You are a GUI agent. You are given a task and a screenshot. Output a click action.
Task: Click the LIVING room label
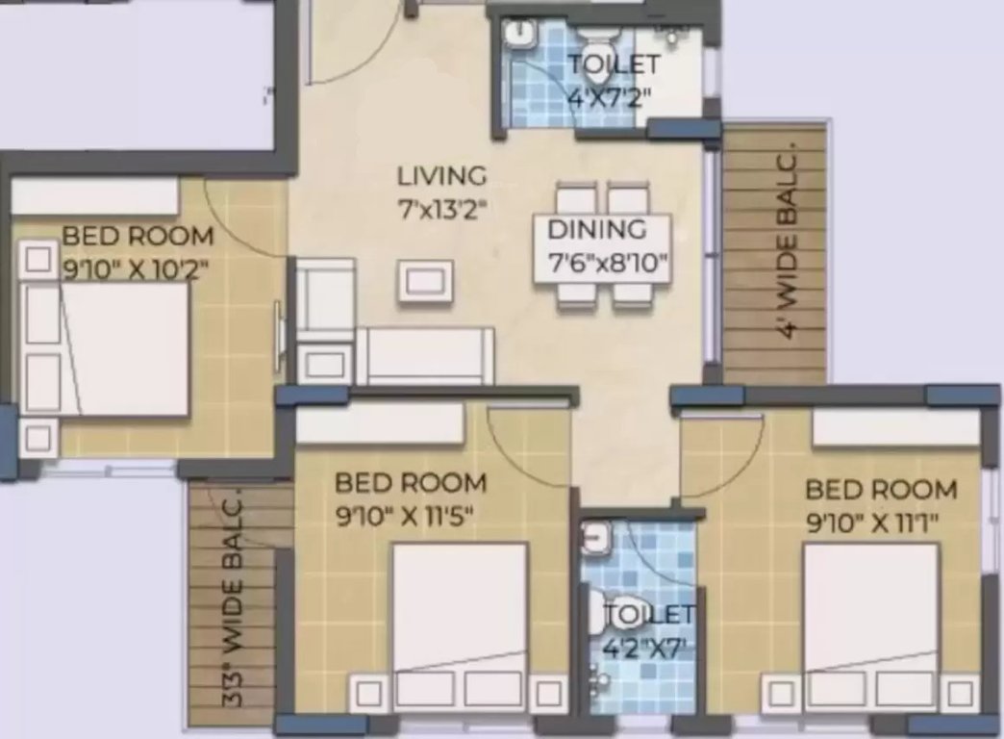pyautogui.click(x=442, y=177)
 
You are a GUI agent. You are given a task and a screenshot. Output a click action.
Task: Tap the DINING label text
pyautogui.click(x=596, y=230)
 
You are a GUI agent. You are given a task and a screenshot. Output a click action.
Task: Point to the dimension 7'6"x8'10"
pyautogui.click(x=607, y=262)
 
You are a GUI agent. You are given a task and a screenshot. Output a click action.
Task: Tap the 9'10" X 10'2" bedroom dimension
pyautogui.click(x=136, y=269)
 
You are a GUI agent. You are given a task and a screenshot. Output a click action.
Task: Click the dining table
pyautogui.click(x=603, y=246)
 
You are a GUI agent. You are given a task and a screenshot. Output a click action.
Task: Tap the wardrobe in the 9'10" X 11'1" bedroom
pyautogui.click(x=895, y=428)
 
